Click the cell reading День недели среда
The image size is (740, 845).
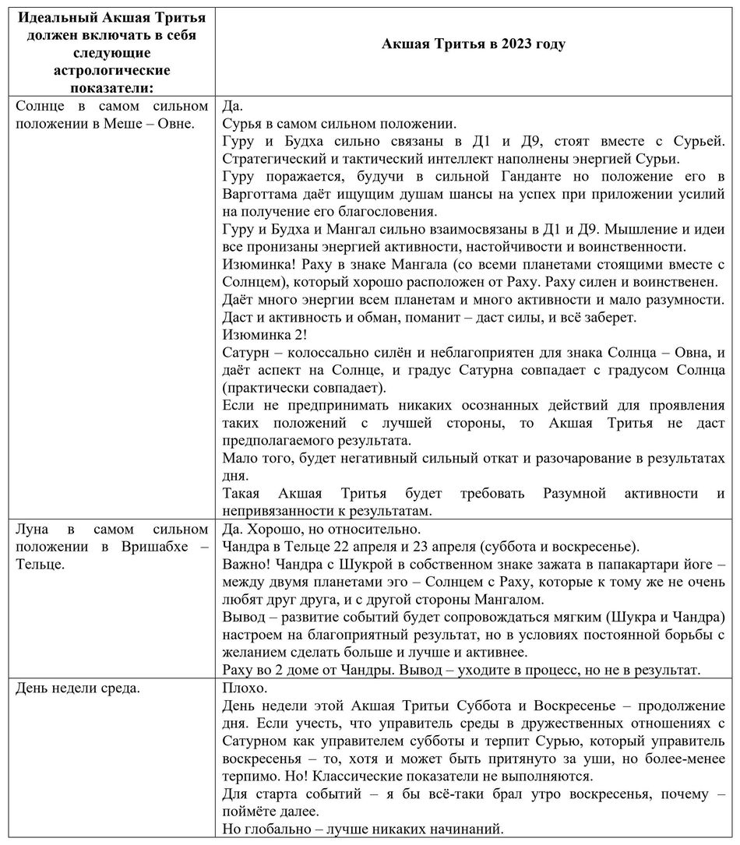[x=78, y=688]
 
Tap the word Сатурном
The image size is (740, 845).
[x=258, y=741]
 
